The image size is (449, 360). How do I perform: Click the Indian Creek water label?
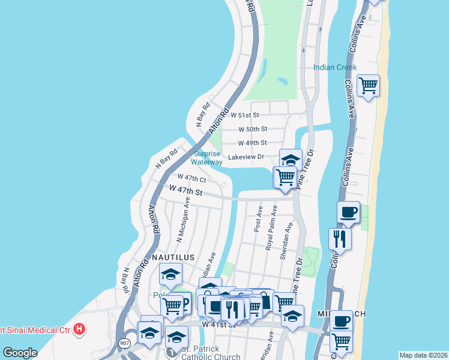tap(335, 67)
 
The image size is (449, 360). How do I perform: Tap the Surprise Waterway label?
tap(206, 158)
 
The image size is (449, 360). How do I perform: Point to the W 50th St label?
tap(253, 129)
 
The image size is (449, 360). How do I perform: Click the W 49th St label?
tap(252, 143)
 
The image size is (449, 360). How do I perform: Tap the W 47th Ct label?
tap(192, 179)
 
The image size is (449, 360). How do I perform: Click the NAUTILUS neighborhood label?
tap(173, 257)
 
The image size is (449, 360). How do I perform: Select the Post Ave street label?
tap(259, 220)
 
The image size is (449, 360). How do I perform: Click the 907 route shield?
tap(124, 343)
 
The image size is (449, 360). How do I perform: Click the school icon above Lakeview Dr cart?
tap(291, 159)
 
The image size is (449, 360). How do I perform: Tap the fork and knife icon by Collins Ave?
tap(340, 238)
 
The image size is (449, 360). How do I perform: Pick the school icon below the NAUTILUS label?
tap(170, 274)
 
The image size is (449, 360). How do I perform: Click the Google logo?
tap(20, 353)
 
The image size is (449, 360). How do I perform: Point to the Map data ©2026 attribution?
tap(423, 355)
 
